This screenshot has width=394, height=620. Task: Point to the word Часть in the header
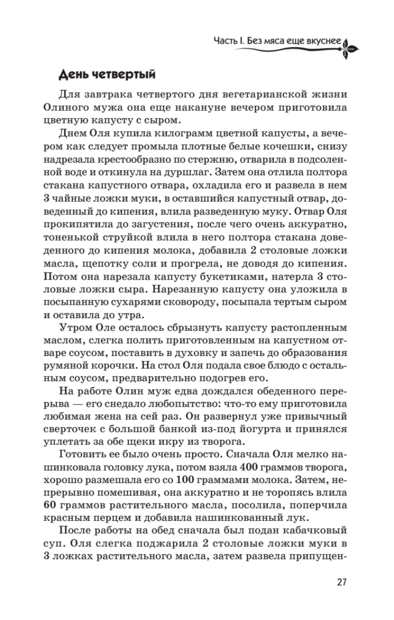(225, 41)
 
